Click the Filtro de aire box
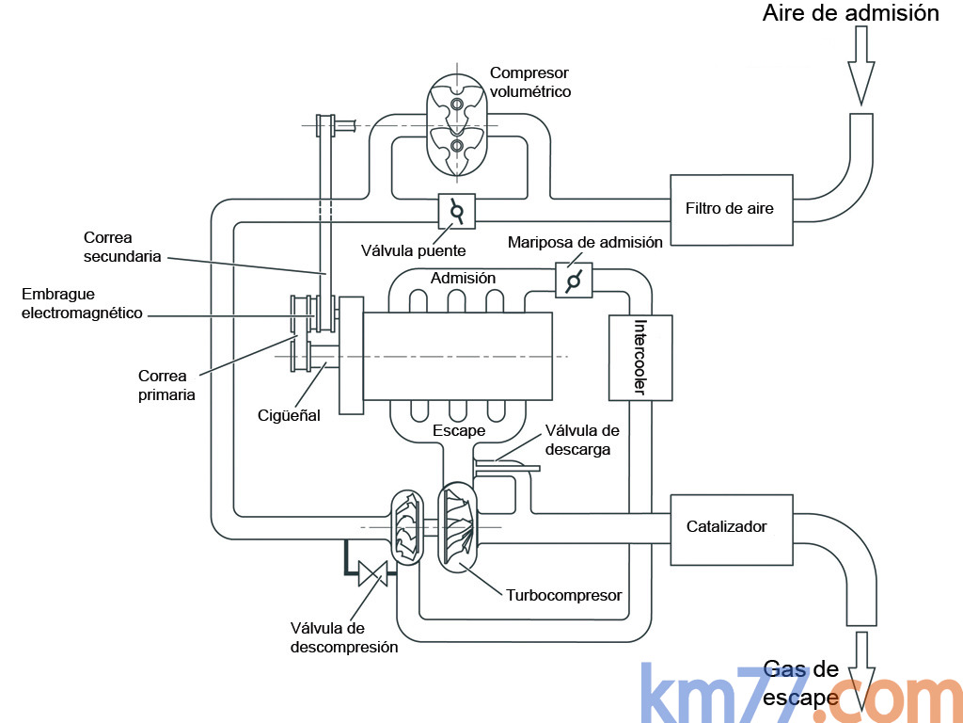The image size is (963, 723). pos(731,209)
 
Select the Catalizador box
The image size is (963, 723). pos(731,527)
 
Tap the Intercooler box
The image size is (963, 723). pos(640,357)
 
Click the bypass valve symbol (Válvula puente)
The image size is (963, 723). pos(457,211)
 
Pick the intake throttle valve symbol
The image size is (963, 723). pos(573,280)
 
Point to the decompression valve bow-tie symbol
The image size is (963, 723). pos(373,573)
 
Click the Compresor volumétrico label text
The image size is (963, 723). pos(529,82)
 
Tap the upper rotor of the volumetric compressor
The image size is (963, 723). pos(456,103)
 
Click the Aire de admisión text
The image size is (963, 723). pos(850,13)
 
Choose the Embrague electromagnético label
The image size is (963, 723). pos(82,303)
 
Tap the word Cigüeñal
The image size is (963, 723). pos(290,415)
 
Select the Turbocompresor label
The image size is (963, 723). pos(563,595)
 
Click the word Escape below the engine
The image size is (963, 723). pos(459,430)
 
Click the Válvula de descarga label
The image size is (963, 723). pos(582,440)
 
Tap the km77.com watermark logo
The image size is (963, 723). pos(799,695)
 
